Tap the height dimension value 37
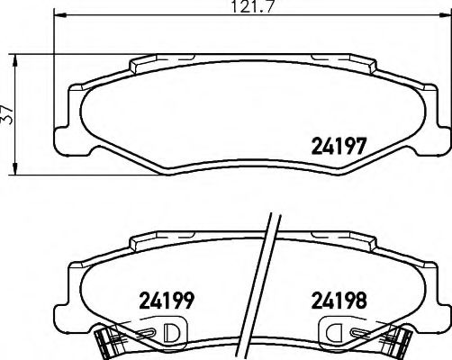point(8,113)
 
